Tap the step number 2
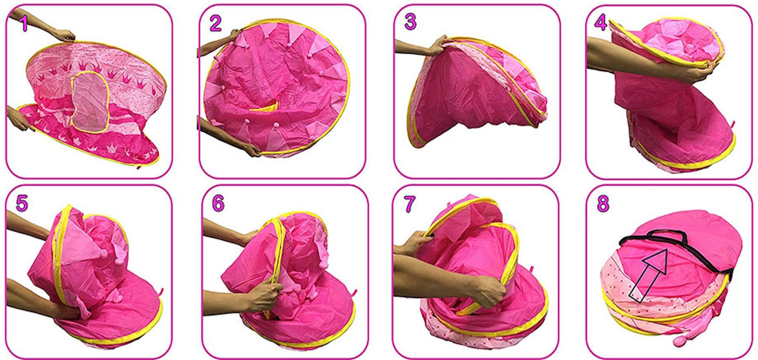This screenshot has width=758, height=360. pos(215,23)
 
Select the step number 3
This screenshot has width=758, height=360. pos(410,22)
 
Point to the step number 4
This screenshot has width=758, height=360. pos(601,22)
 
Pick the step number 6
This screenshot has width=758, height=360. pos(218,203)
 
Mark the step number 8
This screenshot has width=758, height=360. pos(603,204)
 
